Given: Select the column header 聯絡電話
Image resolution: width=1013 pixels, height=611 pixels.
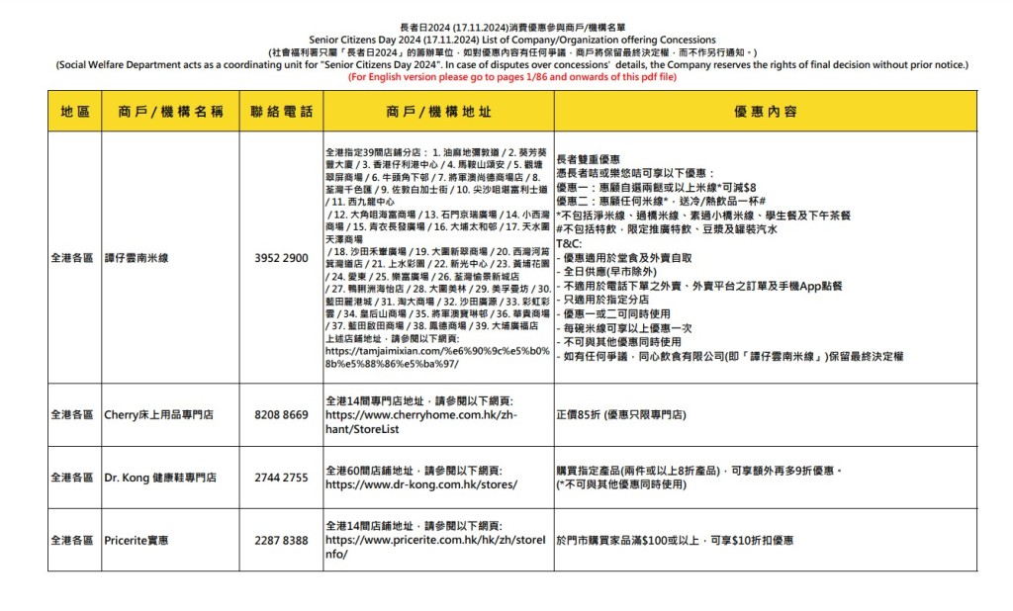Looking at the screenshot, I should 281,112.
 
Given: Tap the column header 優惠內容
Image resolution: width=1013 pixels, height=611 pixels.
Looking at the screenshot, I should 766,112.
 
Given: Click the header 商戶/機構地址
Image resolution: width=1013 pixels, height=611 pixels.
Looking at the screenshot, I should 437,112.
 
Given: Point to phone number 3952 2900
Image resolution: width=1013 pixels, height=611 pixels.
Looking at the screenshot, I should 281,258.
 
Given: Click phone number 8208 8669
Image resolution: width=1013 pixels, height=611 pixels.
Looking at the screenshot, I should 281,415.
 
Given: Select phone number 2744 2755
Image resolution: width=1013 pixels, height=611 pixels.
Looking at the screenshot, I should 281,478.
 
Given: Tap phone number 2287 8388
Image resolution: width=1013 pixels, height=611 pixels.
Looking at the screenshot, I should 281,541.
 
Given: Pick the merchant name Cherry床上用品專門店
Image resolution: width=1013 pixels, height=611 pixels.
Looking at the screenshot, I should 158,415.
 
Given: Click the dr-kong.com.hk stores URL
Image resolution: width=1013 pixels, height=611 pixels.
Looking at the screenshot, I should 420,484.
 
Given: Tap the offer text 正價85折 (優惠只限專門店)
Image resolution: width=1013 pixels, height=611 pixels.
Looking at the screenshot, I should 621,415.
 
